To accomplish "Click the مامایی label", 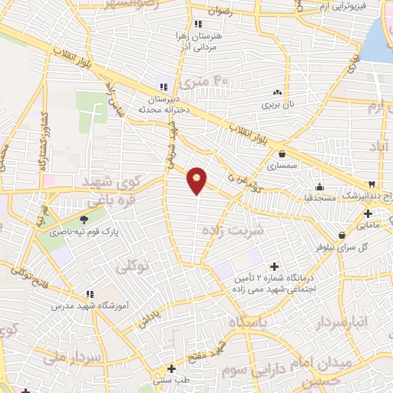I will coord(368,225).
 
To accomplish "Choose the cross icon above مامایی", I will coord(368,213).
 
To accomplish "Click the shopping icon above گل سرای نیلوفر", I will coord(342,235).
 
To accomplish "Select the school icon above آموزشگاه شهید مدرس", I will coord(91,294).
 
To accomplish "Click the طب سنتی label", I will coord(171,380).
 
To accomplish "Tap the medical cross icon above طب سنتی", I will coord(171,368).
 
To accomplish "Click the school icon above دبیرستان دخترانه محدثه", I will coord(162,86).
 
